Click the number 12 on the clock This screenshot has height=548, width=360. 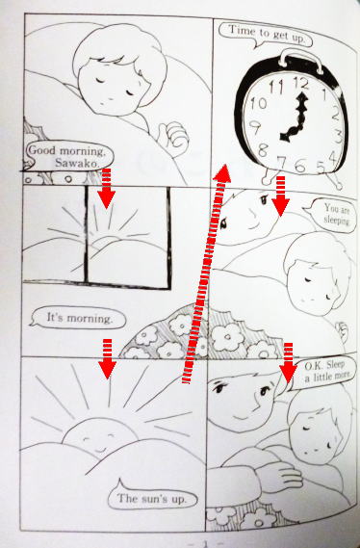tap(301, 84)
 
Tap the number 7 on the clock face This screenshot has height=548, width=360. tap(281, 163)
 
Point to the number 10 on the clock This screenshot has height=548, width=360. tap(258, 103)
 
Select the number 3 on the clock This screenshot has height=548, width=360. tap(338, 136)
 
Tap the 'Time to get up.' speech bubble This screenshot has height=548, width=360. tap(266, 34)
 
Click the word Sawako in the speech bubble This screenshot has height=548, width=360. tap(77, 163)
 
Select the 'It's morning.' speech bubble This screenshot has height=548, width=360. tap(78, 318)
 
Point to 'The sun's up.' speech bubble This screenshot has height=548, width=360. tap(151, 498)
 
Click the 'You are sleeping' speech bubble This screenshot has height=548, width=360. tap(333, 214)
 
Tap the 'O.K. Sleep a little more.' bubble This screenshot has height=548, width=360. tap(323, 373)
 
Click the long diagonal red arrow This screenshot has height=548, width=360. tap(206, 274)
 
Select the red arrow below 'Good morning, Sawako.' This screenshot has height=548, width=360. tap(107, 189)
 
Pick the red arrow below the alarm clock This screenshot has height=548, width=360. tap(280, 196)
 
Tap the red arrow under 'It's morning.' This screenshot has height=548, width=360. tap(107, 358)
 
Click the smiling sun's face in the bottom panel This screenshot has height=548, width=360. tap(100, 436)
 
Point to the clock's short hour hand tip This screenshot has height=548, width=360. tap(282, 137)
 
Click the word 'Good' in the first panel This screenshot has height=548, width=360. tap(41, 150)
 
